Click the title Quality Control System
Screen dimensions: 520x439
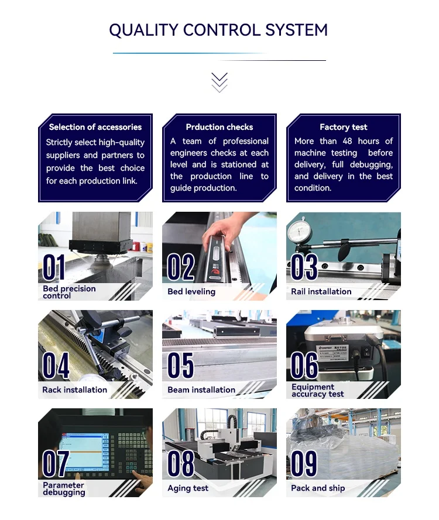coord(218,30)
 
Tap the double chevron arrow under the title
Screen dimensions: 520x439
coord(219,82)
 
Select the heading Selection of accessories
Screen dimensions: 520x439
coord(95,127)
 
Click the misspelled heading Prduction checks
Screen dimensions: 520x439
coord(220,127)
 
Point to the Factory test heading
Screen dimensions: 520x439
coord(343,127)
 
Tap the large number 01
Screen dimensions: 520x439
coord(54,268)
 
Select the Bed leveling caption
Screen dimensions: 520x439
coord(191,291)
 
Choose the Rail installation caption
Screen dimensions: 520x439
coord(321,291)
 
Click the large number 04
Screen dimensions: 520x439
coord(56,366)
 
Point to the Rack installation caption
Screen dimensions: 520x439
coord(74,390)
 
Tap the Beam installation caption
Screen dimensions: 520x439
coord(201,390)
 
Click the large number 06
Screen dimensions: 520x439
coord(304,366)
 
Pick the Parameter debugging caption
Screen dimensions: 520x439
coord(64,489)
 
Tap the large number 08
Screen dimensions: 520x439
coord(180,464)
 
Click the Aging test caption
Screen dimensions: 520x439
coord(188,488)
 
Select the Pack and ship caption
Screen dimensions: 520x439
coord(318,488)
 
